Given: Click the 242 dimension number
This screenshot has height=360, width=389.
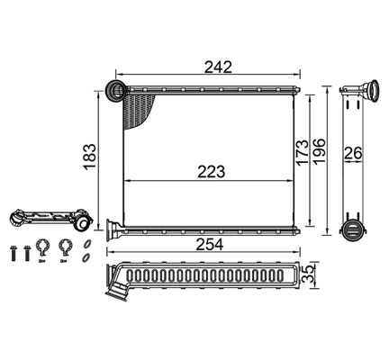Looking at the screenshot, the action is click(218, 67).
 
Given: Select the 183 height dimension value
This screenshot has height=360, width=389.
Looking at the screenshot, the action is click(90, 157).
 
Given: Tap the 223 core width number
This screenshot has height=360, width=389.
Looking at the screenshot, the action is click(211, 172).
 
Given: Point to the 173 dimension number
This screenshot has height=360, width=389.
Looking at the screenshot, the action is click(302, 152).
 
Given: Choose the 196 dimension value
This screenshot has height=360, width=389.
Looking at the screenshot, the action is click(319, 151).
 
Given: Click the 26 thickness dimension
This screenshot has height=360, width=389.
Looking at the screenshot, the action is click(353, 153).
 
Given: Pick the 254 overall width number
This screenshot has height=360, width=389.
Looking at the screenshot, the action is click(210, 245).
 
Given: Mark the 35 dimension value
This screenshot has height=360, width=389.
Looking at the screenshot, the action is click(308, 274).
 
